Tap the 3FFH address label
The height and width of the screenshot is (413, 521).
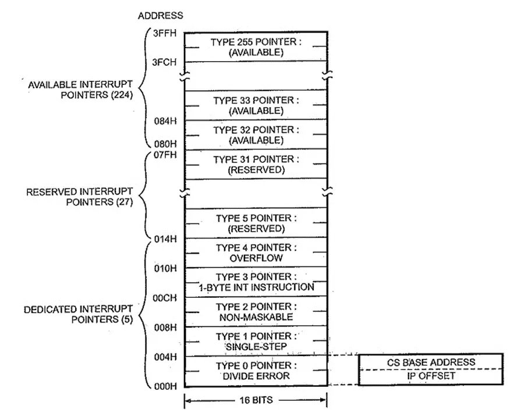162,34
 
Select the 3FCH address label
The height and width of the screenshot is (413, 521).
162,62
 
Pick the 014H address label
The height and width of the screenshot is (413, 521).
162,239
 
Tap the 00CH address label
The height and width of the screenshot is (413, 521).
162,298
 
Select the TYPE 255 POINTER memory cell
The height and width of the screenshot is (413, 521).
256,47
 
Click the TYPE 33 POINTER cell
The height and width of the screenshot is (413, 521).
256,105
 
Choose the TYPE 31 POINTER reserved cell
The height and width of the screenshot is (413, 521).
256,164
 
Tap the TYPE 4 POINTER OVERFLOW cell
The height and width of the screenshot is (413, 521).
256,252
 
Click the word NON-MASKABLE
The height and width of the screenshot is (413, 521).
256,317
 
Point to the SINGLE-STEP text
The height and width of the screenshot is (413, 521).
256,347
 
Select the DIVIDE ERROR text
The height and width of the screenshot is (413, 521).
256,376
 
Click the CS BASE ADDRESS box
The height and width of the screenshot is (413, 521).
431,362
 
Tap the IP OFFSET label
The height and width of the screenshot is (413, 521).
431,376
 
